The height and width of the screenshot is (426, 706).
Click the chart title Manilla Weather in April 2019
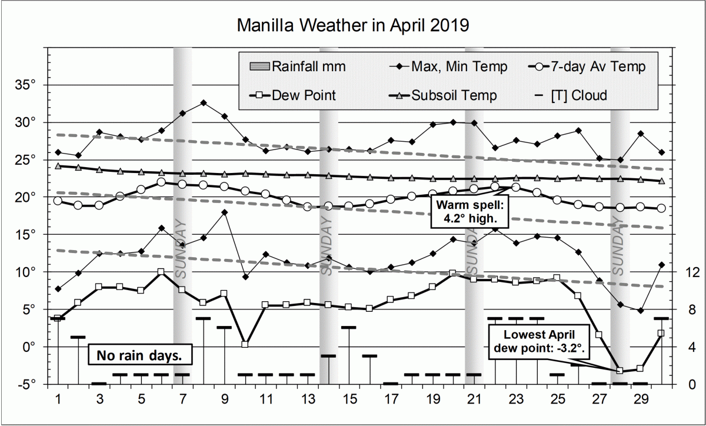352,26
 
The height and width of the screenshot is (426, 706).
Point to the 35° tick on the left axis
26,85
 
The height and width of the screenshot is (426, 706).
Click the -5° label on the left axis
26,384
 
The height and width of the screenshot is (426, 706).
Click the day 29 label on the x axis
641,399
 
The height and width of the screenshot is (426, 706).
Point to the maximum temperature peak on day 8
204,102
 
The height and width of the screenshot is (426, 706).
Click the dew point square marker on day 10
245,344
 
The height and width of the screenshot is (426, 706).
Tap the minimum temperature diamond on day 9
224,212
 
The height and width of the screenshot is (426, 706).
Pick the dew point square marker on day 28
620,370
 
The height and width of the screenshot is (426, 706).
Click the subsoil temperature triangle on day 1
58,166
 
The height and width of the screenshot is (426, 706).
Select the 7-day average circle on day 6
161,182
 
